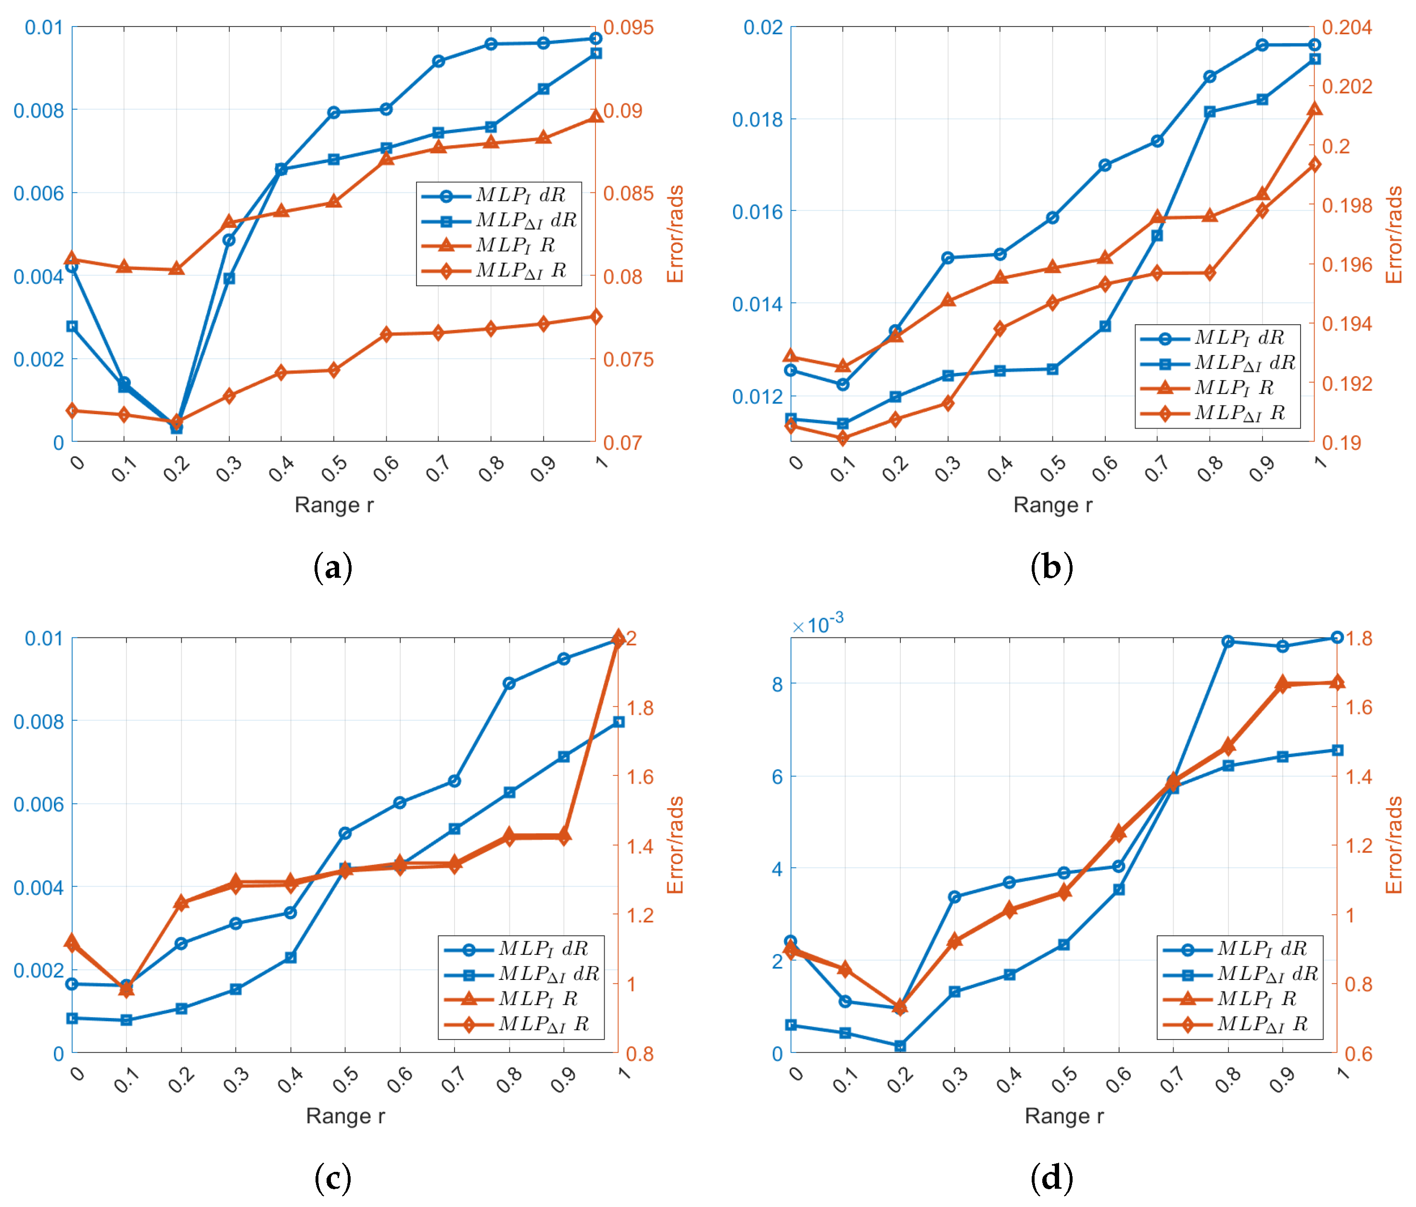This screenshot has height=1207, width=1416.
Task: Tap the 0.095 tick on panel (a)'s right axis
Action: [x=627, y=27]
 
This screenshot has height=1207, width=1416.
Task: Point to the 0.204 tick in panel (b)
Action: [x=1346, y=27]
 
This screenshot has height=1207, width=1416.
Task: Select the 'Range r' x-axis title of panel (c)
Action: [x=345, y=1116]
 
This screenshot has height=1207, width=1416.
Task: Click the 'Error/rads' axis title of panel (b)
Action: [x=1393, y=234]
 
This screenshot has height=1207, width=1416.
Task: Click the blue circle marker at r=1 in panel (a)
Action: [x=596, y=38]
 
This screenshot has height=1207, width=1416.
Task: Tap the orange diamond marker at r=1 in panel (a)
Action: [x=596, y=317]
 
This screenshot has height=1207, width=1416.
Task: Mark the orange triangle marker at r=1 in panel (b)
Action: [x=1314, y=109]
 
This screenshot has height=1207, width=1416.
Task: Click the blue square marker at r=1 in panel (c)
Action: [x=619, y=722]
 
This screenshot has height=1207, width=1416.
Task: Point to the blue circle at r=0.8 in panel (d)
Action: [x=1228, y=641]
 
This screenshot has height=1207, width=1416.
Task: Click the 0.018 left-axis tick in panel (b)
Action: [x=757, y=120]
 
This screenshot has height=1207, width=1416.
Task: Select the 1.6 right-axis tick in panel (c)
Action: [x=640, y=776]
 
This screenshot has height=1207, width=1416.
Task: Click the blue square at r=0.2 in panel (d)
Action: [x=900, y=1046]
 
